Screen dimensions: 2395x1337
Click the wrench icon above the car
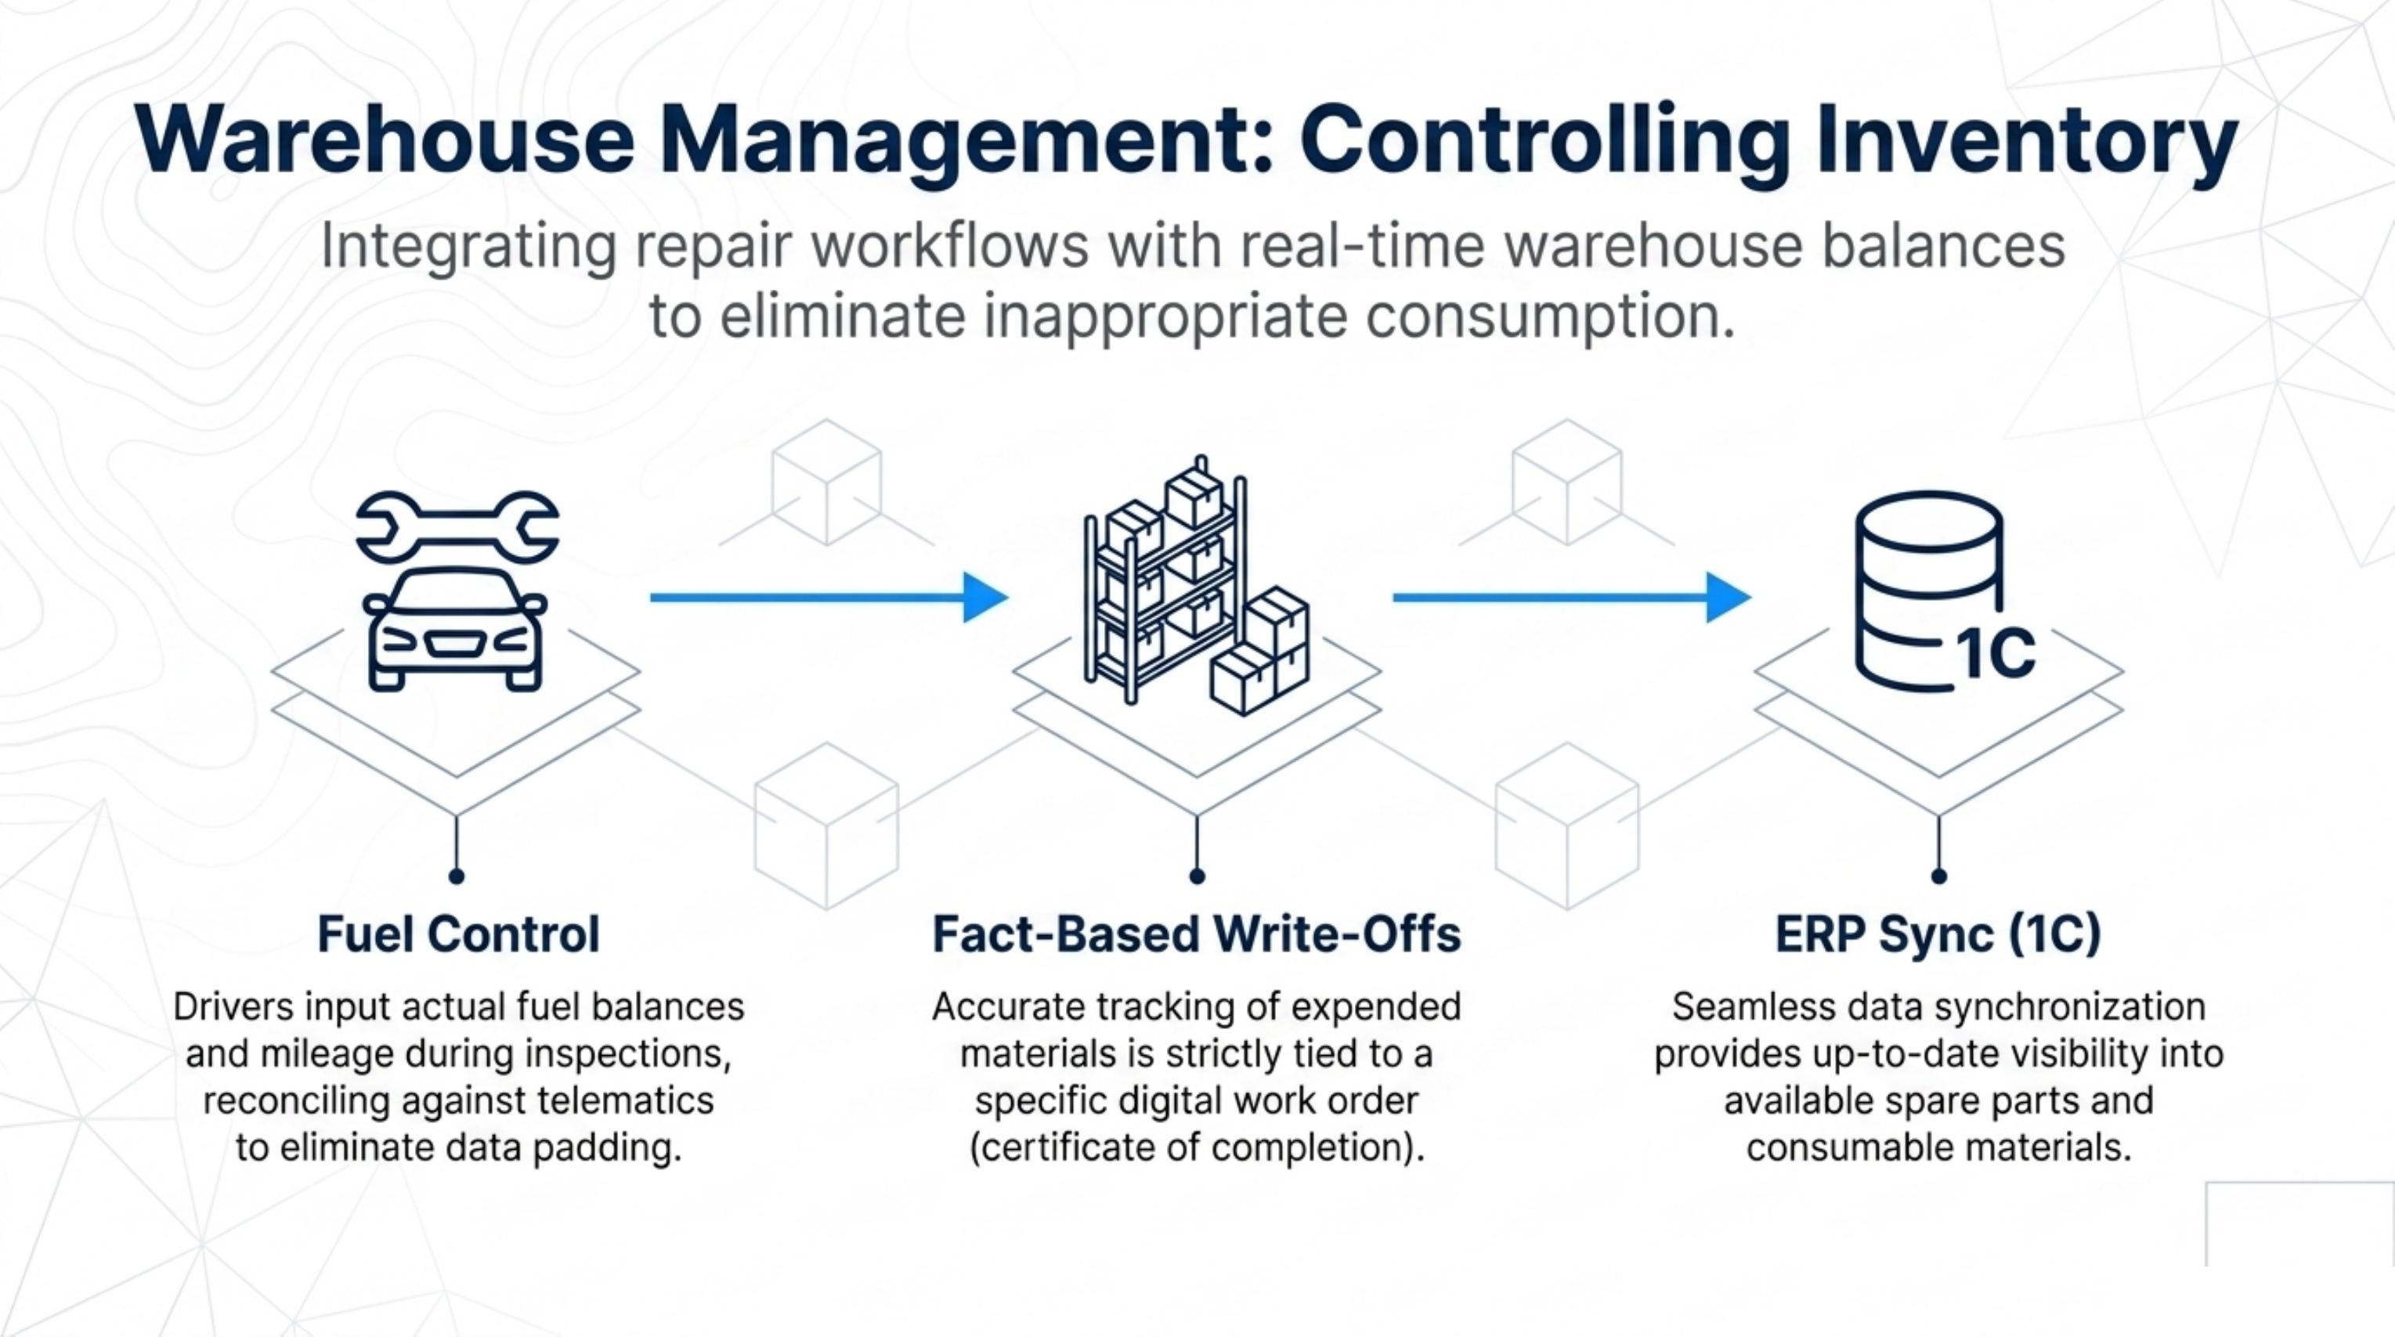[457, 527]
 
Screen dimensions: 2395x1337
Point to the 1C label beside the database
[1996, 654]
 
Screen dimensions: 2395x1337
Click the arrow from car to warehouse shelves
[829, 597]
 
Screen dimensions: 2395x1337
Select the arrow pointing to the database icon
[1571, 597]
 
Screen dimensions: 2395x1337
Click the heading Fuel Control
[458, 934]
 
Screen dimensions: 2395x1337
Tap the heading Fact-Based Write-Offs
[1197, 934]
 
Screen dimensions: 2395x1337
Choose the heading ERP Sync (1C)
[1938, 935]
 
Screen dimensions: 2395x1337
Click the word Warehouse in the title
[384, 141]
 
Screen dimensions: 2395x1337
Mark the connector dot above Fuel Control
[457, 876]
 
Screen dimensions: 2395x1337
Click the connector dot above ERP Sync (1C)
[1938, 876]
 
